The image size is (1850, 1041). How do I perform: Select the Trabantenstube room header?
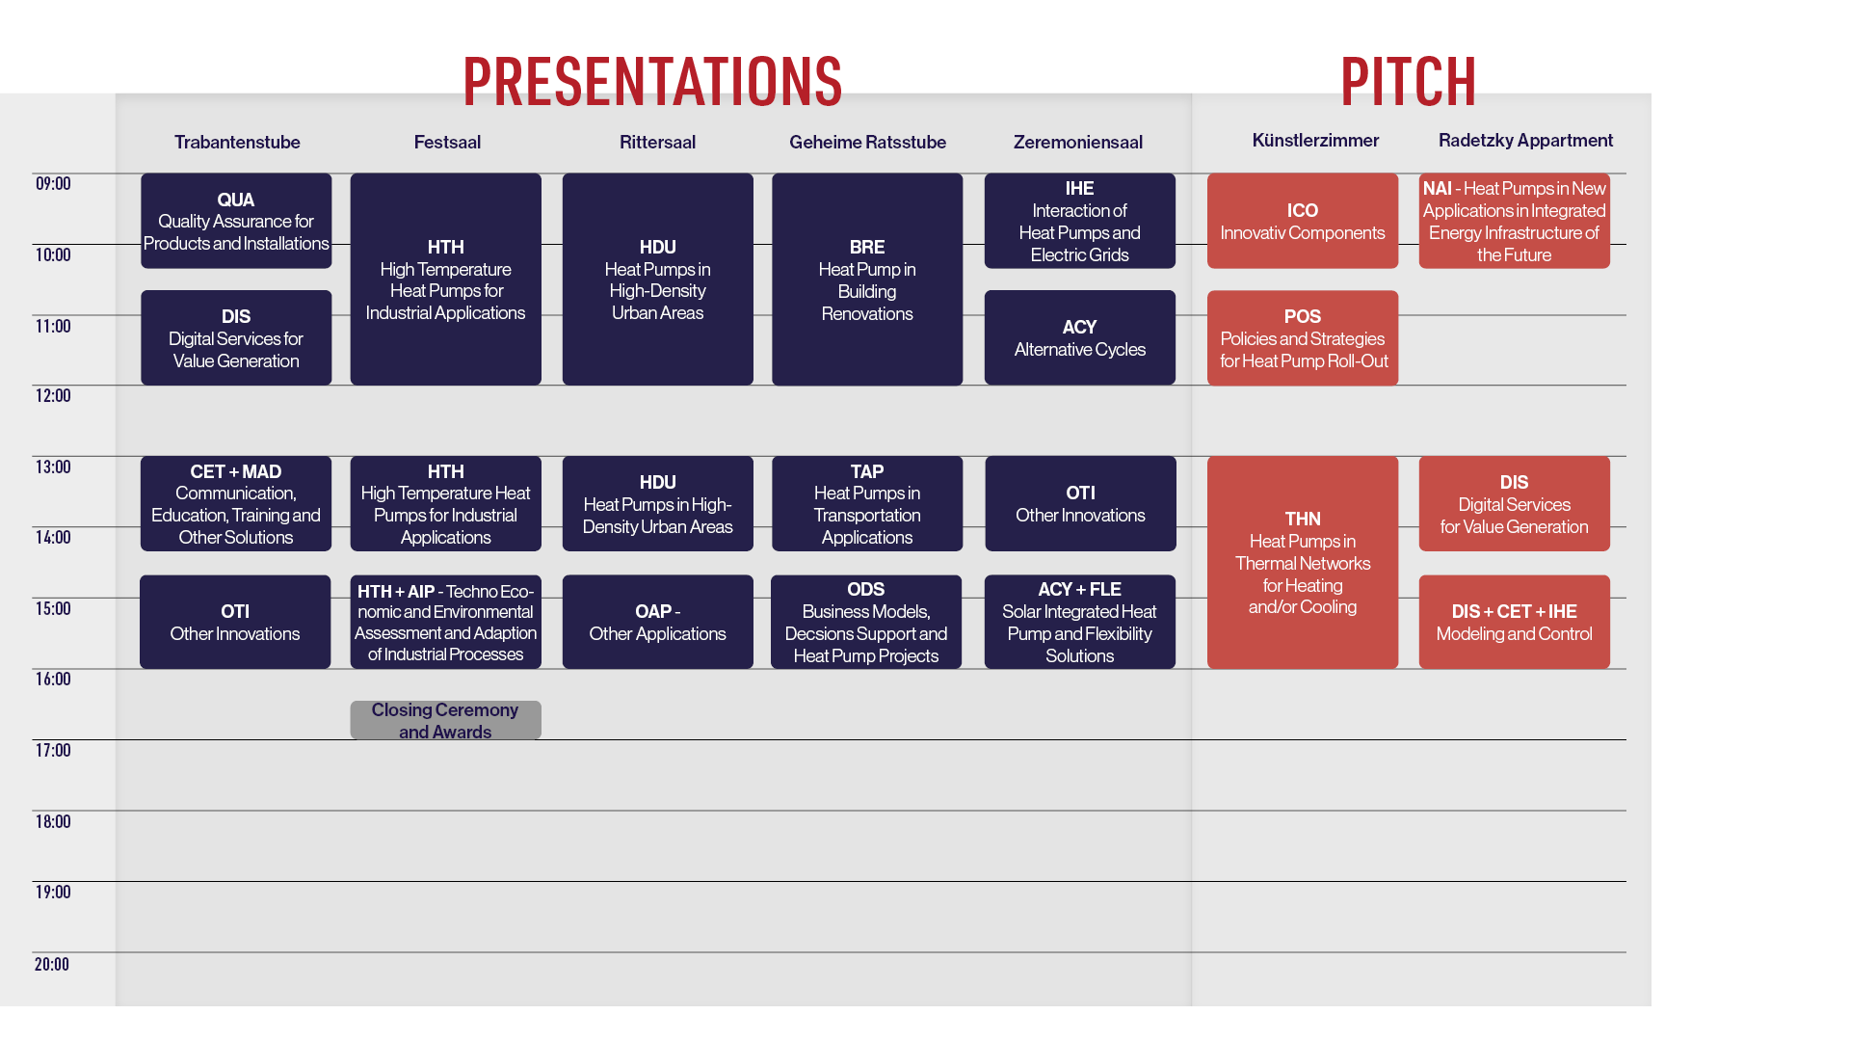[237, 143]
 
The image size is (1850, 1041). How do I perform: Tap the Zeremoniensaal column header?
[1078, 143]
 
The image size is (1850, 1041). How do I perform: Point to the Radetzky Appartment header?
[1525, 141]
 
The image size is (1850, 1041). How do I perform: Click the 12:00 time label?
[53, 395]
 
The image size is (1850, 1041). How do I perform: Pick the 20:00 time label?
[52, 964]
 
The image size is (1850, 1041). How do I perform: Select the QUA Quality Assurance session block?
[236, 221]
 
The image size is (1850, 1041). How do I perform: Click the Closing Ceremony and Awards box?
[445, 720]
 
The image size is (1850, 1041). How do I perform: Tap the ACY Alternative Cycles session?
[1080, 337]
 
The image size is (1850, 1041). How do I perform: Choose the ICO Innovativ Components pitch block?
[1303, 221]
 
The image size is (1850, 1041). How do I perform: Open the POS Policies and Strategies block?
[1303, 337]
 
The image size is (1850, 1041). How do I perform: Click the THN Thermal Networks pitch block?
[1303, 562]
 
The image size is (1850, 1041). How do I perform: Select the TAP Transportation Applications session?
[867, 503]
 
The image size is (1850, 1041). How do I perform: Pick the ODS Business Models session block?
[866, 622]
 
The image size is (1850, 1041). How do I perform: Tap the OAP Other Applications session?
[658, 622]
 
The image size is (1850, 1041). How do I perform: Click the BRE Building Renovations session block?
[867, 280]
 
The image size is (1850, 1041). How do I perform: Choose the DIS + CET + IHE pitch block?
[1515, 622]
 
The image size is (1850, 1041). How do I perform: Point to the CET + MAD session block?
[236, 503]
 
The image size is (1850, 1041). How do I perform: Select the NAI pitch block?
[1515, 221]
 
